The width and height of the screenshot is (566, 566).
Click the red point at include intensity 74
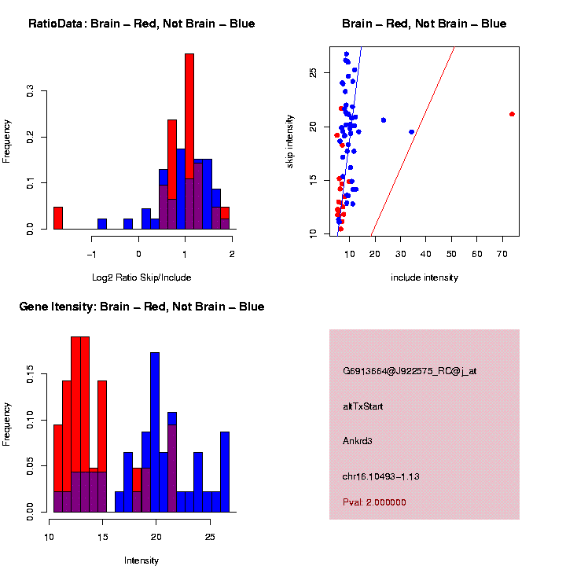click(x=512, y=114)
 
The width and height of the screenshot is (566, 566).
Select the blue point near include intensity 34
click(x=412, y=132)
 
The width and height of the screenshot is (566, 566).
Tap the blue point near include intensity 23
click(x=384, y=120)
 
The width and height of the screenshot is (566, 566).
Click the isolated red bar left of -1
click(x=57, y=218)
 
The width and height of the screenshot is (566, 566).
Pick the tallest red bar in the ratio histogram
click(x=189, y=141)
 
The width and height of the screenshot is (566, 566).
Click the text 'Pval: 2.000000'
click(x=374, y=502)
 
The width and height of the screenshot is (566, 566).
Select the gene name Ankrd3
click(x=358, y=441)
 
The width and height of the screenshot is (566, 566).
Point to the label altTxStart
click(x=363, y=406)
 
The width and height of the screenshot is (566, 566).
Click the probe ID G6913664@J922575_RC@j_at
click(x=410, y=371)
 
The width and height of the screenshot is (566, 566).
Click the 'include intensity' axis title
click(x=424, y=277)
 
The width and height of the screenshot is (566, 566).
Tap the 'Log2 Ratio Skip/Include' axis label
click(x=141, y=277)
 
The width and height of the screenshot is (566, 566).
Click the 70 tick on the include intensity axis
click(x=502, y=253)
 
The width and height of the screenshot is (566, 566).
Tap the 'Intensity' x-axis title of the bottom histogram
click(x=141, y=560)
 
